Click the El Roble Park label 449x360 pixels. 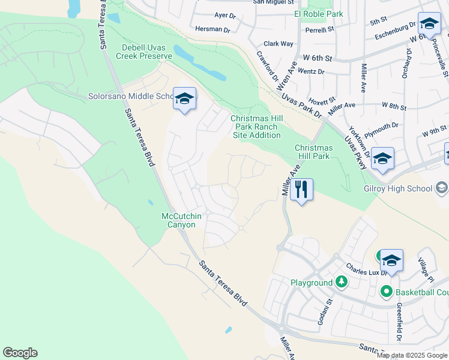click(319, 14)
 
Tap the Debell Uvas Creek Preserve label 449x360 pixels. click(147, 52)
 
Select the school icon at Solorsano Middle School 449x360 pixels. click(184, 99)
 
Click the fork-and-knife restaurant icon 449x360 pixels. click(301, 190)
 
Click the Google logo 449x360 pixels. click(20, 353)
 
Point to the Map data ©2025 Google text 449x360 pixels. click(412, 355)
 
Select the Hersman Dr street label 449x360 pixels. click(213, 29)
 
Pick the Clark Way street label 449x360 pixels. click(279, 44)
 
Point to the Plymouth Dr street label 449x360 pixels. click(382, 128)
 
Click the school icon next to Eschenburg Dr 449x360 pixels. click(429, 24)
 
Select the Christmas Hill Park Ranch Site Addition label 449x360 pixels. click(255, 127)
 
